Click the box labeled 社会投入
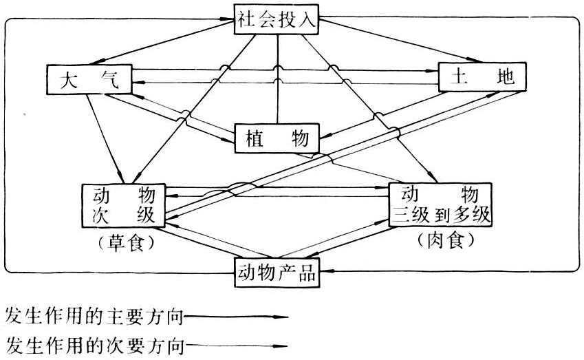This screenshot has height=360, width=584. coord(277,19)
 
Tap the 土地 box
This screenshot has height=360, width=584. coord(482,77)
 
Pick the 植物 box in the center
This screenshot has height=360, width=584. coord(277,138)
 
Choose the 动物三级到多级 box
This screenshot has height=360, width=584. coord(441,204)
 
